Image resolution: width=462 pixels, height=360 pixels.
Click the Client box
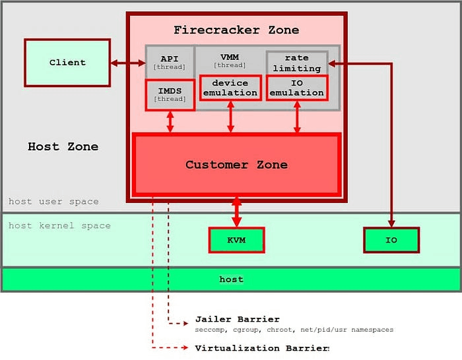(67, 63)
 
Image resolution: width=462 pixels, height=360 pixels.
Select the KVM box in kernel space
(236, 240)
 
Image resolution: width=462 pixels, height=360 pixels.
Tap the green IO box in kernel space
(391, 240)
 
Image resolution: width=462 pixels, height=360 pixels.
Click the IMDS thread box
(170, 94)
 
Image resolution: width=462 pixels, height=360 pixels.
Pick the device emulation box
(230, 88)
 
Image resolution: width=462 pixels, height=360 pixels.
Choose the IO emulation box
(297, 88)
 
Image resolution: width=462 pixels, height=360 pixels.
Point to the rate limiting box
(297, 63)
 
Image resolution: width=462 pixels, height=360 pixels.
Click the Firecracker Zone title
(236, 30)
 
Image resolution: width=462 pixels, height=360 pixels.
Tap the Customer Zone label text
(236, 164)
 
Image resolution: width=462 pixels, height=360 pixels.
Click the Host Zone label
(63, 146)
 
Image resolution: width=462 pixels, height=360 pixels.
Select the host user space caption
(53, 201)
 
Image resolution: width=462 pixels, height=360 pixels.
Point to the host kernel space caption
(59, 225)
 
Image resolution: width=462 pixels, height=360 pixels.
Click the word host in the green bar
(231, 279)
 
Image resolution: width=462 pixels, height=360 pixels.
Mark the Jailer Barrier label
(237, 319)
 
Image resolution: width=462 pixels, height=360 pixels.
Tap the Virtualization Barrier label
(262, 347)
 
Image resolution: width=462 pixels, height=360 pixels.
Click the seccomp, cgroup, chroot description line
(294, 329)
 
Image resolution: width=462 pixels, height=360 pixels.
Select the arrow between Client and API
(128, 63)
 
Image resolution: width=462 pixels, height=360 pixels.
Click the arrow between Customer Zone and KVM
(236, 212)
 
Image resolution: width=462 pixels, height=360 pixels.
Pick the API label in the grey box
(170, 59)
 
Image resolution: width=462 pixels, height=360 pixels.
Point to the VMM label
(230, 57)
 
